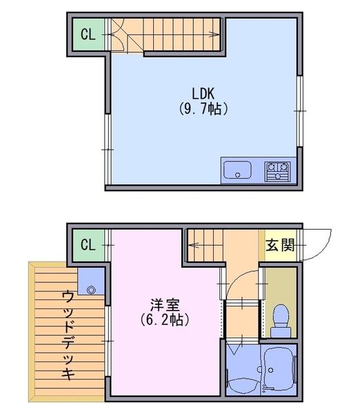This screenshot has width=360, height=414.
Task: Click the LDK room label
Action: pos(203,93)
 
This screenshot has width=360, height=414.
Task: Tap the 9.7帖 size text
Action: pos(203,109)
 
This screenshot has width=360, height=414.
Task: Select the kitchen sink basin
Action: pos(237,170)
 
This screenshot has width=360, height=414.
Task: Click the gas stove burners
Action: pos(278,172)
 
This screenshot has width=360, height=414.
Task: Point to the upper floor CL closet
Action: pos(88,34)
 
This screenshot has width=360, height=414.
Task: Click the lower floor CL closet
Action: pos(88,245)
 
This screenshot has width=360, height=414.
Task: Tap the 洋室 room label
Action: pos(166,305)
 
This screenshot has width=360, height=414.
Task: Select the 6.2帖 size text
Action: pos(165,319)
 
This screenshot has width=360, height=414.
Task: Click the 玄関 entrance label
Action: pos(280,245)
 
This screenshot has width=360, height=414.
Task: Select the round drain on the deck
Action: pos(91,290)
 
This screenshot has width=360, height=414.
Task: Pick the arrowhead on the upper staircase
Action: pos(214,34)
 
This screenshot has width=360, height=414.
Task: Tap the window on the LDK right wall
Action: pos(299,111)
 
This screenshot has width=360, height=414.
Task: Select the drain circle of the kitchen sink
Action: pos(237,175)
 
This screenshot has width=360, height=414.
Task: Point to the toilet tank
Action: pos(281,332)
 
